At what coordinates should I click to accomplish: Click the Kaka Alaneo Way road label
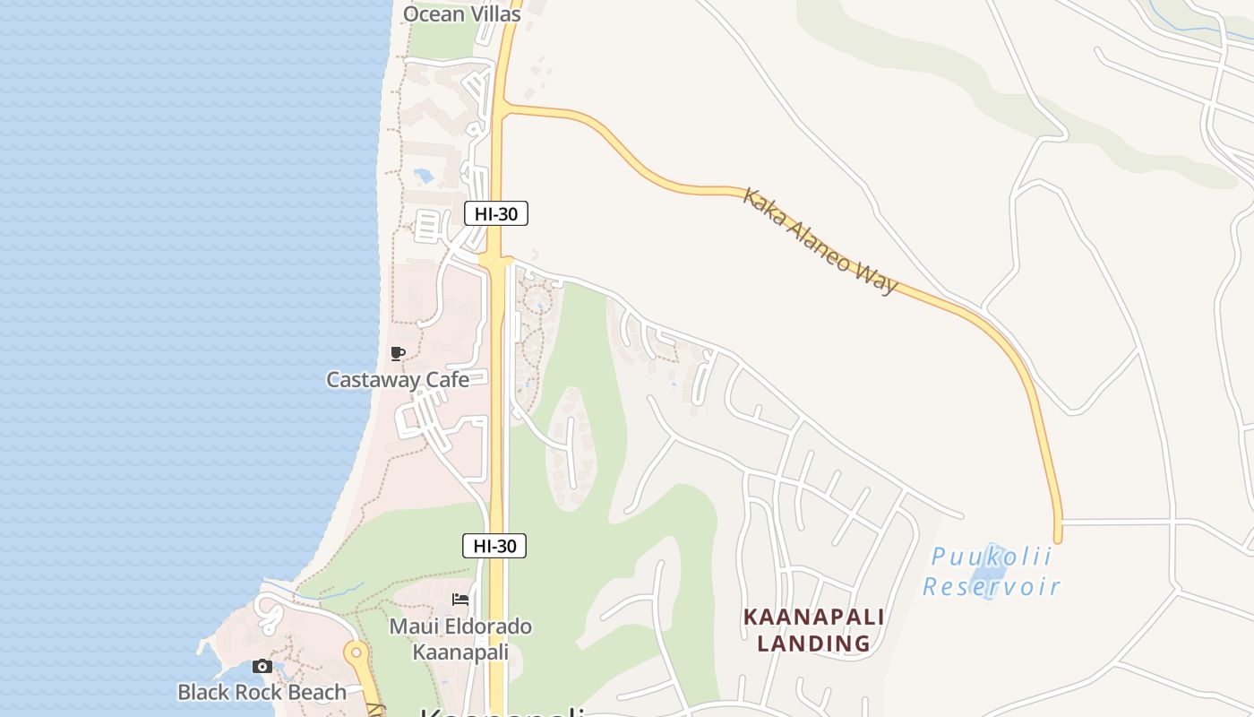(x=820, y=240)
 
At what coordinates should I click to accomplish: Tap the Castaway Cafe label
(x=397, y=379)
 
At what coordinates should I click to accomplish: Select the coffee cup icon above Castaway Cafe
(x=398, y=354)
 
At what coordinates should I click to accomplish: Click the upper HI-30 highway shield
(x=495, y=213)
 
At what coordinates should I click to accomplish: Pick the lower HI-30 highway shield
(x=494, y=545)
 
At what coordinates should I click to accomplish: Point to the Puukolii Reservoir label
(x=991, y=572)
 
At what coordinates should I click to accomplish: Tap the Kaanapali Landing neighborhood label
(x=813, y=630)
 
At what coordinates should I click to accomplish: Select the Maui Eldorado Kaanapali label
(x=460, y=639)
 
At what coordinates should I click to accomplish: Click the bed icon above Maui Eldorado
(x=460, y=599)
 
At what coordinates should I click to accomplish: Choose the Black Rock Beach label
(x=262, y=692)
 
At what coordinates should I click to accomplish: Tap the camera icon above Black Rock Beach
(x=262, y=666)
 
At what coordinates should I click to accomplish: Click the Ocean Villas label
(x=461, y=13)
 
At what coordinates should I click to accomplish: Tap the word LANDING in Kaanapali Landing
(x=813, y=644)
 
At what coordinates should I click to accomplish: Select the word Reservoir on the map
(x=991, y=587)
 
